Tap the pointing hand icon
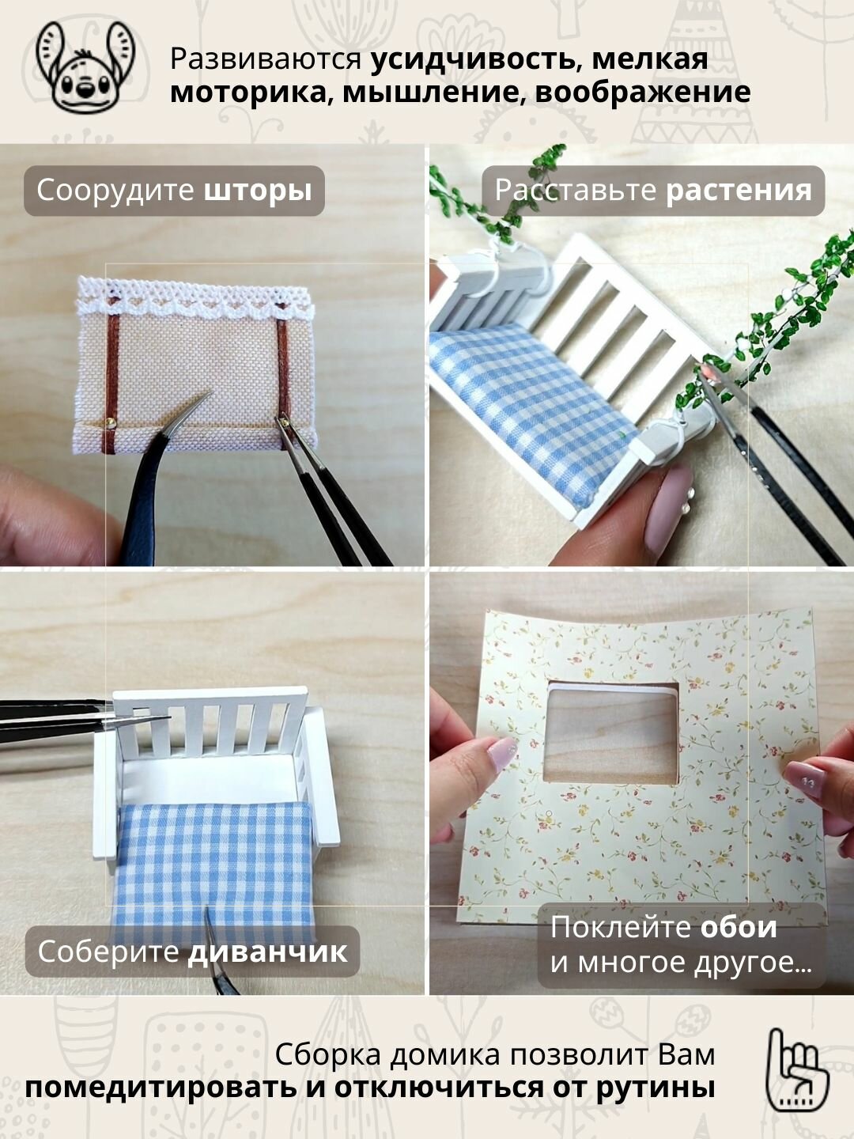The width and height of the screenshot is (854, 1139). [798, 1081]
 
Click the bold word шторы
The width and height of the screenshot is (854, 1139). [258, 191]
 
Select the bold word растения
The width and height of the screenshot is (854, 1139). [739, 191]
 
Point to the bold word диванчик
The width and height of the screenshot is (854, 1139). [267, 952]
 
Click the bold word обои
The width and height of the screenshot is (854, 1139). [739, 927]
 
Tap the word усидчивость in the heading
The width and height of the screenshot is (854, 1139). [474, 59]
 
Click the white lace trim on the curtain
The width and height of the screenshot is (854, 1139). [195, 302]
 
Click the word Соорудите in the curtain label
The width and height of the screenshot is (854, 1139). [115, 191]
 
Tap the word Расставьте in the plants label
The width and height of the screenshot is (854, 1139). [576, 191]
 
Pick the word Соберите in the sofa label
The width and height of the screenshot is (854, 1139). [108, 952]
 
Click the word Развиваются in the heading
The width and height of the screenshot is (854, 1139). [266, 59]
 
